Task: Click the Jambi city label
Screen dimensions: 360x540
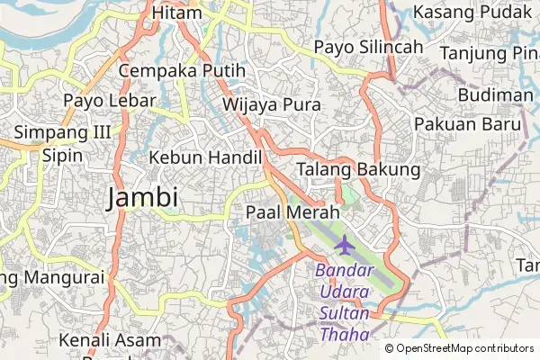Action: tap(142, 197)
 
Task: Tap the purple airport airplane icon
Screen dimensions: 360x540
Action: tap(344, 244)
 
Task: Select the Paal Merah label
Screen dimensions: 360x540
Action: tap(292, 212)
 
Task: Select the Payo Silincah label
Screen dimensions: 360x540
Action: tap(369, 47)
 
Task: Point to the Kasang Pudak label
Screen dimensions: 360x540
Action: tap(467, 12)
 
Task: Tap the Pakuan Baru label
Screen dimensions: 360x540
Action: tap(467, 122)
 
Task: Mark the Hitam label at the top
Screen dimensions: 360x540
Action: tap(175, 12)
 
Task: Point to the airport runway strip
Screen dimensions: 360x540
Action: tap(360, 252)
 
